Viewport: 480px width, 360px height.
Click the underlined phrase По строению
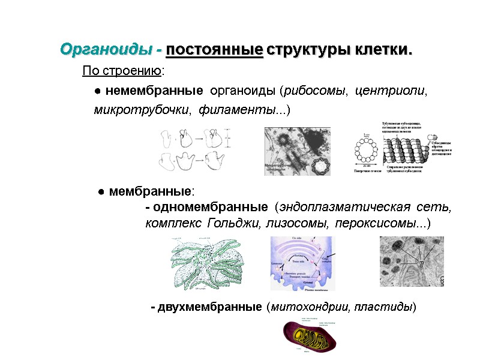pos(122,72)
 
